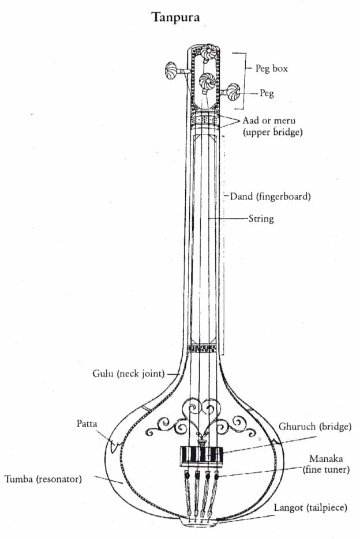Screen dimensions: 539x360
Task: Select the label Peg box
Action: [271, 69]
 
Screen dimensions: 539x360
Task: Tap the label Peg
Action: [266, 93]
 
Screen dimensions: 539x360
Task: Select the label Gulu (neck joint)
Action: [128, 373]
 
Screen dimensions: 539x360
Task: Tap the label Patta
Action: [86, 424]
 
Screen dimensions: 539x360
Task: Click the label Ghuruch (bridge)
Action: [314, 427]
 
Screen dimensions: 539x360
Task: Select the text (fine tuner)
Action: [326, 470]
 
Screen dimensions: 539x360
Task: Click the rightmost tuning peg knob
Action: [234, 91]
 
